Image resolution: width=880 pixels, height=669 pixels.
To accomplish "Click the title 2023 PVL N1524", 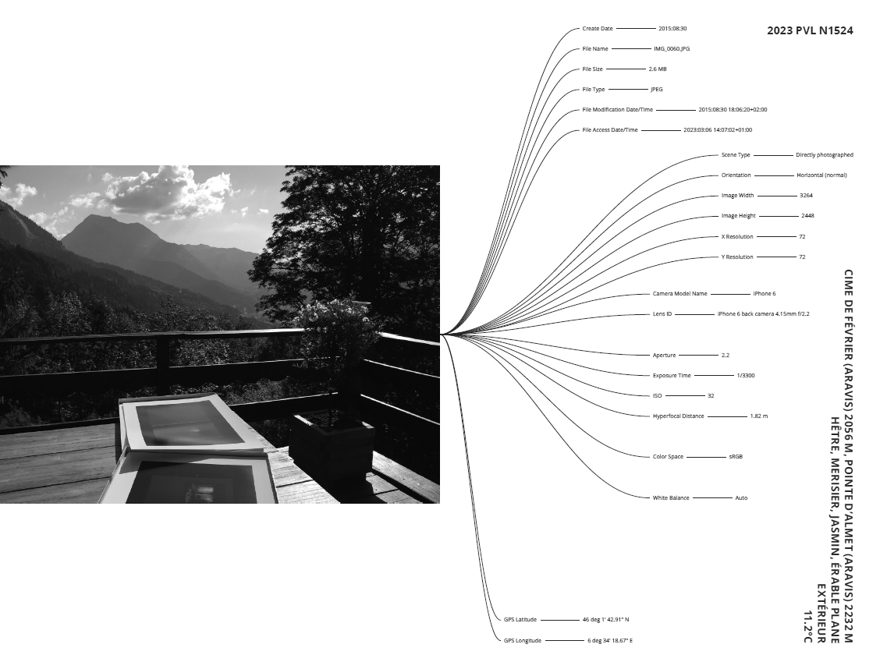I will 810,31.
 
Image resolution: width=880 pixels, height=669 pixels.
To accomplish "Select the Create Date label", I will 598,29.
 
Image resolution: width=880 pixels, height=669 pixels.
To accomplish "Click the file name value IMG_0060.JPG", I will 672,49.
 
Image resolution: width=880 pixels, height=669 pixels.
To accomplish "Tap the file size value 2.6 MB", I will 658,69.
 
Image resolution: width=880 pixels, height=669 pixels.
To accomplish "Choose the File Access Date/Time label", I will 610,130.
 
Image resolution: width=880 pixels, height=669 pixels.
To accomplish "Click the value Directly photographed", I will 825,155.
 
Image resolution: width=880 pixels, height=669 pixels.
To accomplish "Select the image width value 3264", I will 806,196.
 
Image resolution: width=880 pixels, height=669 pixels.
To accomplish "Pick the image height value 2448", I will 807,216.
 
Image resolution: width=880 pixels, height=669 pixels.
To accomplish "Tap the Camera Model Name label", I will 680,294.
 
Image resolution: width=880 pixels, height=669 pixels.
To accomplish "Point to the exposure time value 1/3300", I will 746,376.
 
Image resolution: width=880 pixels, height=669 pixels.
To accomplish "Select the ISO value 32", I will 711,396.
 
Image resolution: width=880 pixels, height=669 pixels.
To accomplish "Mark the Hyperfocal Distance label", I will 678,416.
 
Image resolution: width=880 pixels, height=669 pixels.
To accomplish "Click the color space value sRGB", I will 736,457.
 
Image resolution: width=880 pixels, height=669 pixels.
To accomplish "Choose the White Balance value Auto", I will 741,497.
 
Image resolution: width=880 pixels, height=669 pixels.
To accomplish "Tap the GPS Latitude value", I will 605,620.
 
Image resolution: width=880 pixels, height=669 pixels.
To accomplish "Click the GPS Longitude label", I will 523,640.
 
